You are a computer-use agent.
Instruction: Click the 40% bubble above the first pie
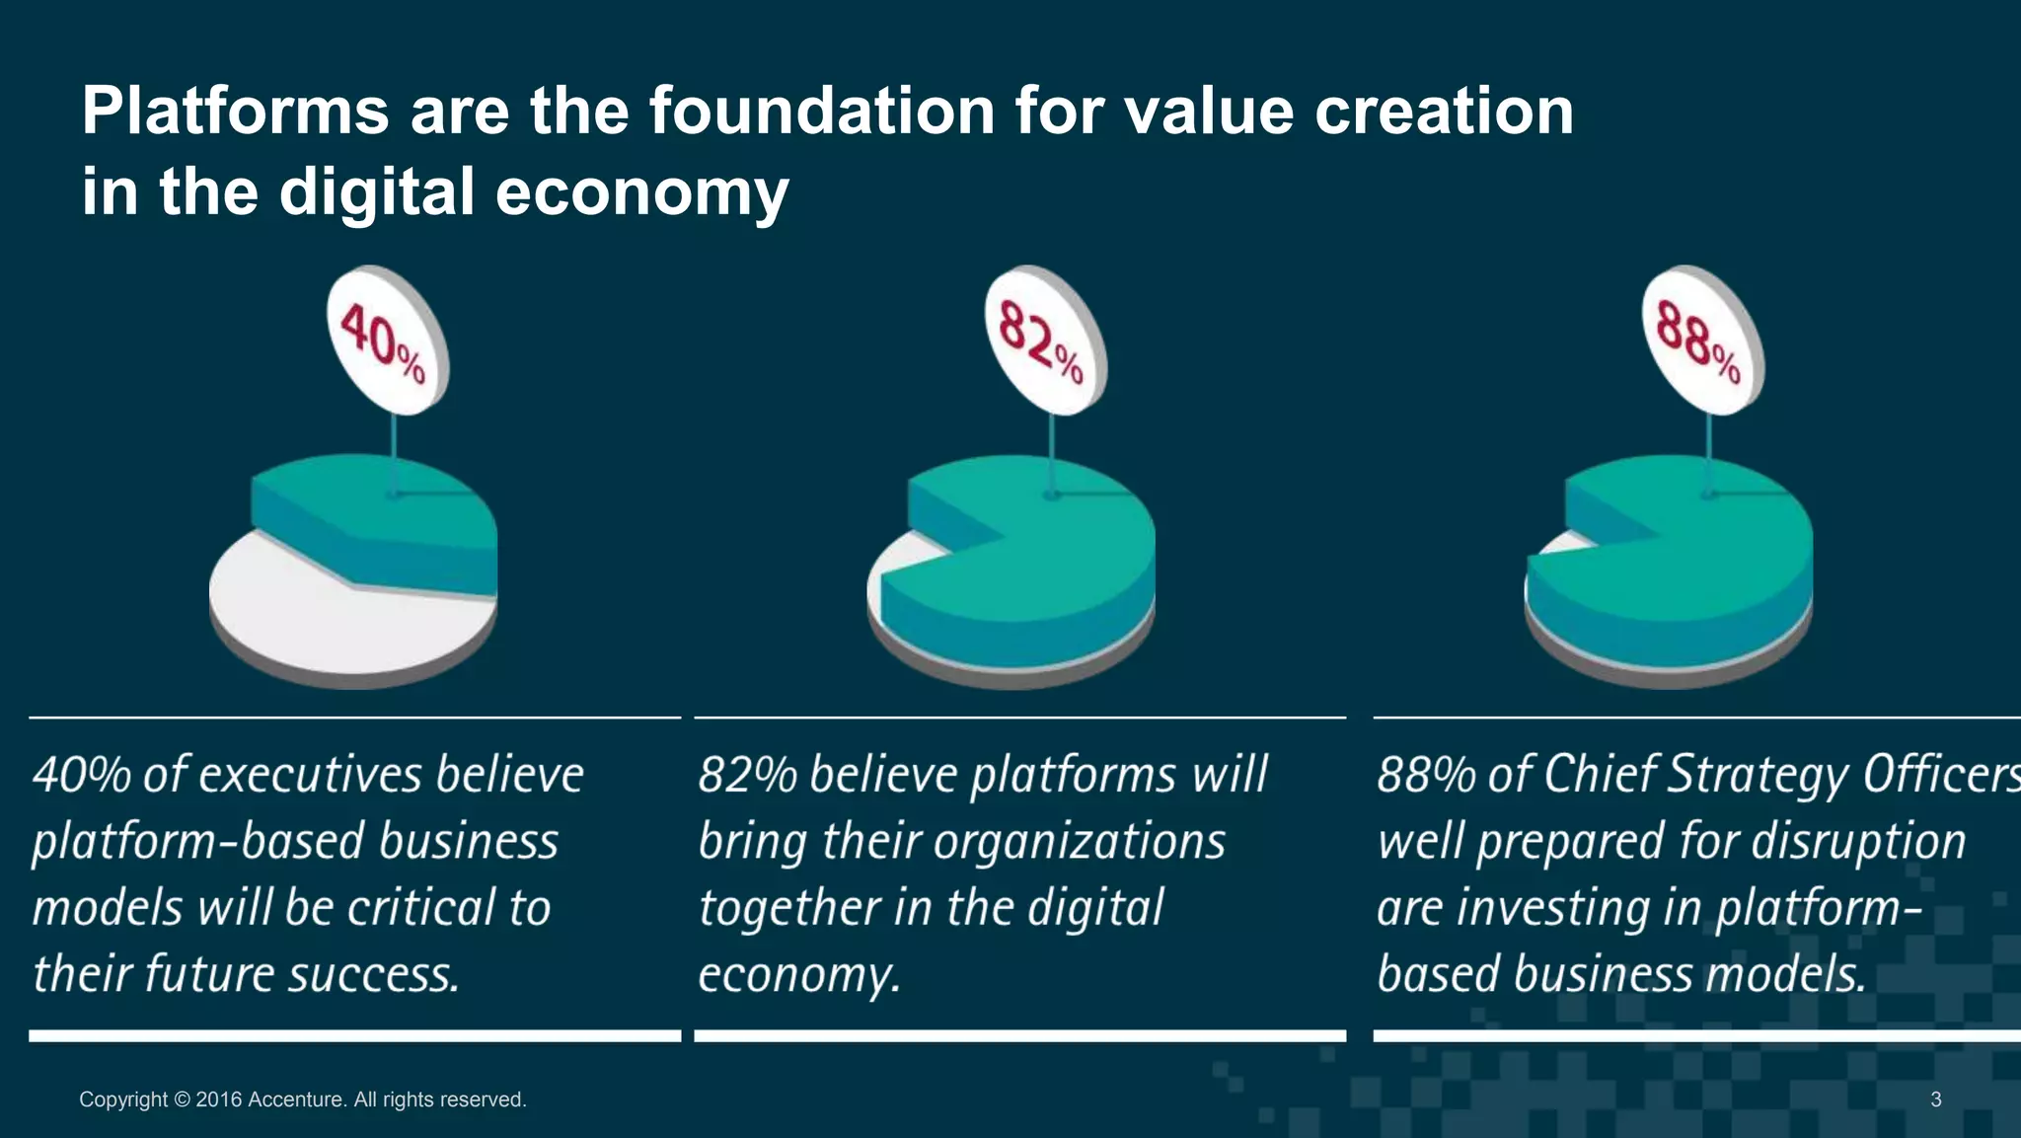click(386, 341)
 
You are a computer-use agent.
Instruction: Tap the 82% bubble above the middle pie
click(1044, 341)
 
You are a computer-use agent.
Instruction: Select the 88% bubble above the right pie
click(1701, 341)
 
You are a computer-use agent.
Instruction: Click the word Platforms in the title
click(235, 111)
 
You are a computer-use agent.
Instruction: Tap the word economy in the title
click(641, 191)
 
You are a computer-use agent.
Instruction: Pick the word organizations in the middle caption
click(1079, 842)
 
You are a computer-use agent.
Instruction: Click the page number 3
click(1936, 1100)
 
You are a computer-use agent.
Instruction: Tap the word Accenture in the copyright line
click(296, 1100)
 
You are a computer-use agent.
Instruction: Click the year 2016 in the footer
click(219, 1100)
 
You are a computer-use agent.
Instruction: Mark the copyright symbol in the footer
click(182, 1100)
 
